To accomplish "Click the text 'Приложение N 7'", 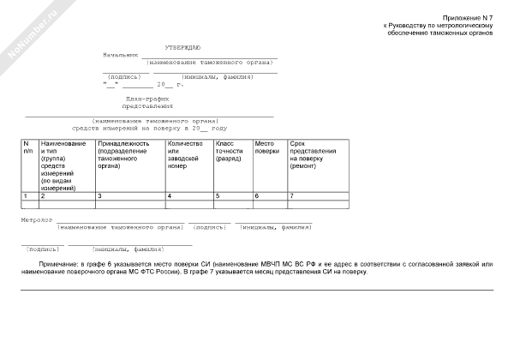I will pos(469,17).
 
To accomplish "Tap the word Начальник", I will pos(119,54).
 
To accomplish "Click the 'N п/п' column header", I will pos(27,147).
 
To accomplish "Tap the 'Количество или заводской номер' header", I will pos(185,153).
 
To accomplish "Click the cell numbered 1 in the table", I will pos(26,197).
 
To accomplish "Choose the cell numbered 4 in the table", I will pos(170,197).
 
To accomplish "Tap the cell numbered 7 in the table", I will pos(292,197).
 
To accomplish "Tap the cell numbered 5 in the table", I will pos(218,197).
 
